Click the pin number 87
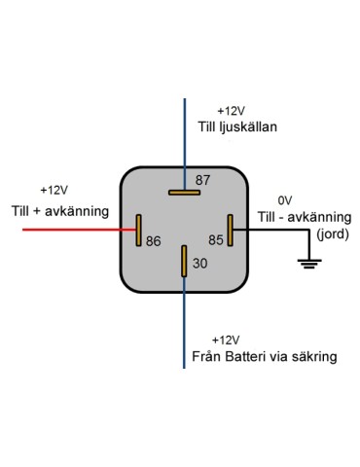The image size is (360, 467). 202,180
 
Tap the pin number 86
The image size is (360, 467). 153,240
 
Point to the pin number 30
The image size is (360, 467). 199,263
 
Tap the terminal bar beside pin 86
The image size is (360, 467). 139,231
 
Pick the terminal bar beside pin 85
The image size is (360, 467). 230,231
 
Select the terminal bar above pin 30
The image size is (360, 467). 184,263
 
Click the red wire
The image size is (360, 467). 68,230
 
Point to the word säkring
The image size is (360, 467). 314,357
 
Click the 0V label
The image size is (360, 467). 285,198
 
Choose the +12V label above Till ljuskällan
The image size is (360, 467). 233,111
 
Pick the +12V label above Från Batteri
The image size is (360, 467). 224,340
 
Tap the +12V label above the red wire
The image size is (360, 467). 54,191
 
